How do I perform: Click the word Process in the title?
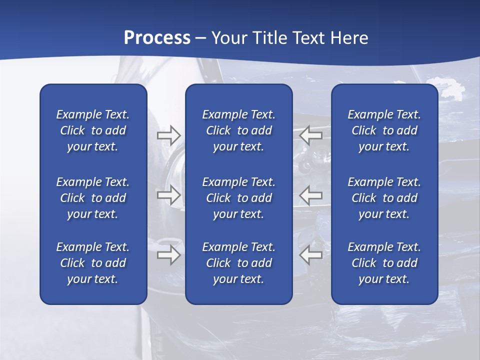point(157,38)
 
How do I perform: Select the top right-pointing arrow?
point(168,135)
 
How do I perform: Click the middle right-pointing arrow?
point(168,195)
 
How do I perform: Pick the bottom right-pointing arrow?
point(168,255)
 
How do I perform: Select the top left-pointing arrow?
point(311,135)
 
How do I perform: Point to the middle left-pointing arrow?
point(311,195)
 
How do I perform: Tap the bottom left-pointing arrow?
point(311,255)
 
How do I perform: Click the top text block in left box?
point(93,130)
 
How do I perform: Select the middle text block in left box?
point(93,198)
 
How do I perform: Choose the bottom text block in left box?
point(93,263)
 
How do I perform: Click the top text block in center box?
point(238,130)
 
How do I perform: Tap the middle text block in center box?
point(238,198)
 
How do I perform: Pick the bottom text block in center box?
point(238,263)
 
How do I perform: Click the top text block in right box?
point(384,130)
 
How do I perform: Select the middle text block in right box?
point(384,198)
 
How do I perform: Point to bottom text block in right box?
point(384,263)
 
